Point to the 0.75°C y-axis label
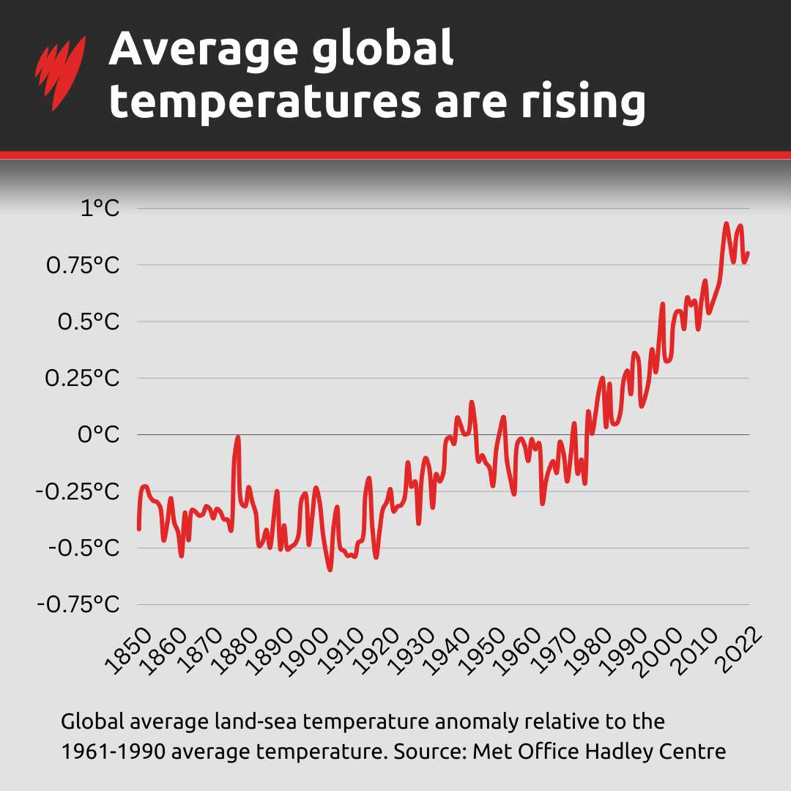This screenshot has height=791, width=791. tap(82, 266)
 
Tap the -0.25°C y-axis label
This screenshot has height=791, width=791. tap(78, 491)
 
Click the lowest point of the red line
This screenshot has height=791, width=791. tap(330, 569)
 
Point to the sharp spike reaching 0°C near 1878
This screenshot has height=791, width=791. tap(237, 437)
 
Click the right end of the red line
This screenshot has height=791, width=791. tap(748, 253)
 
